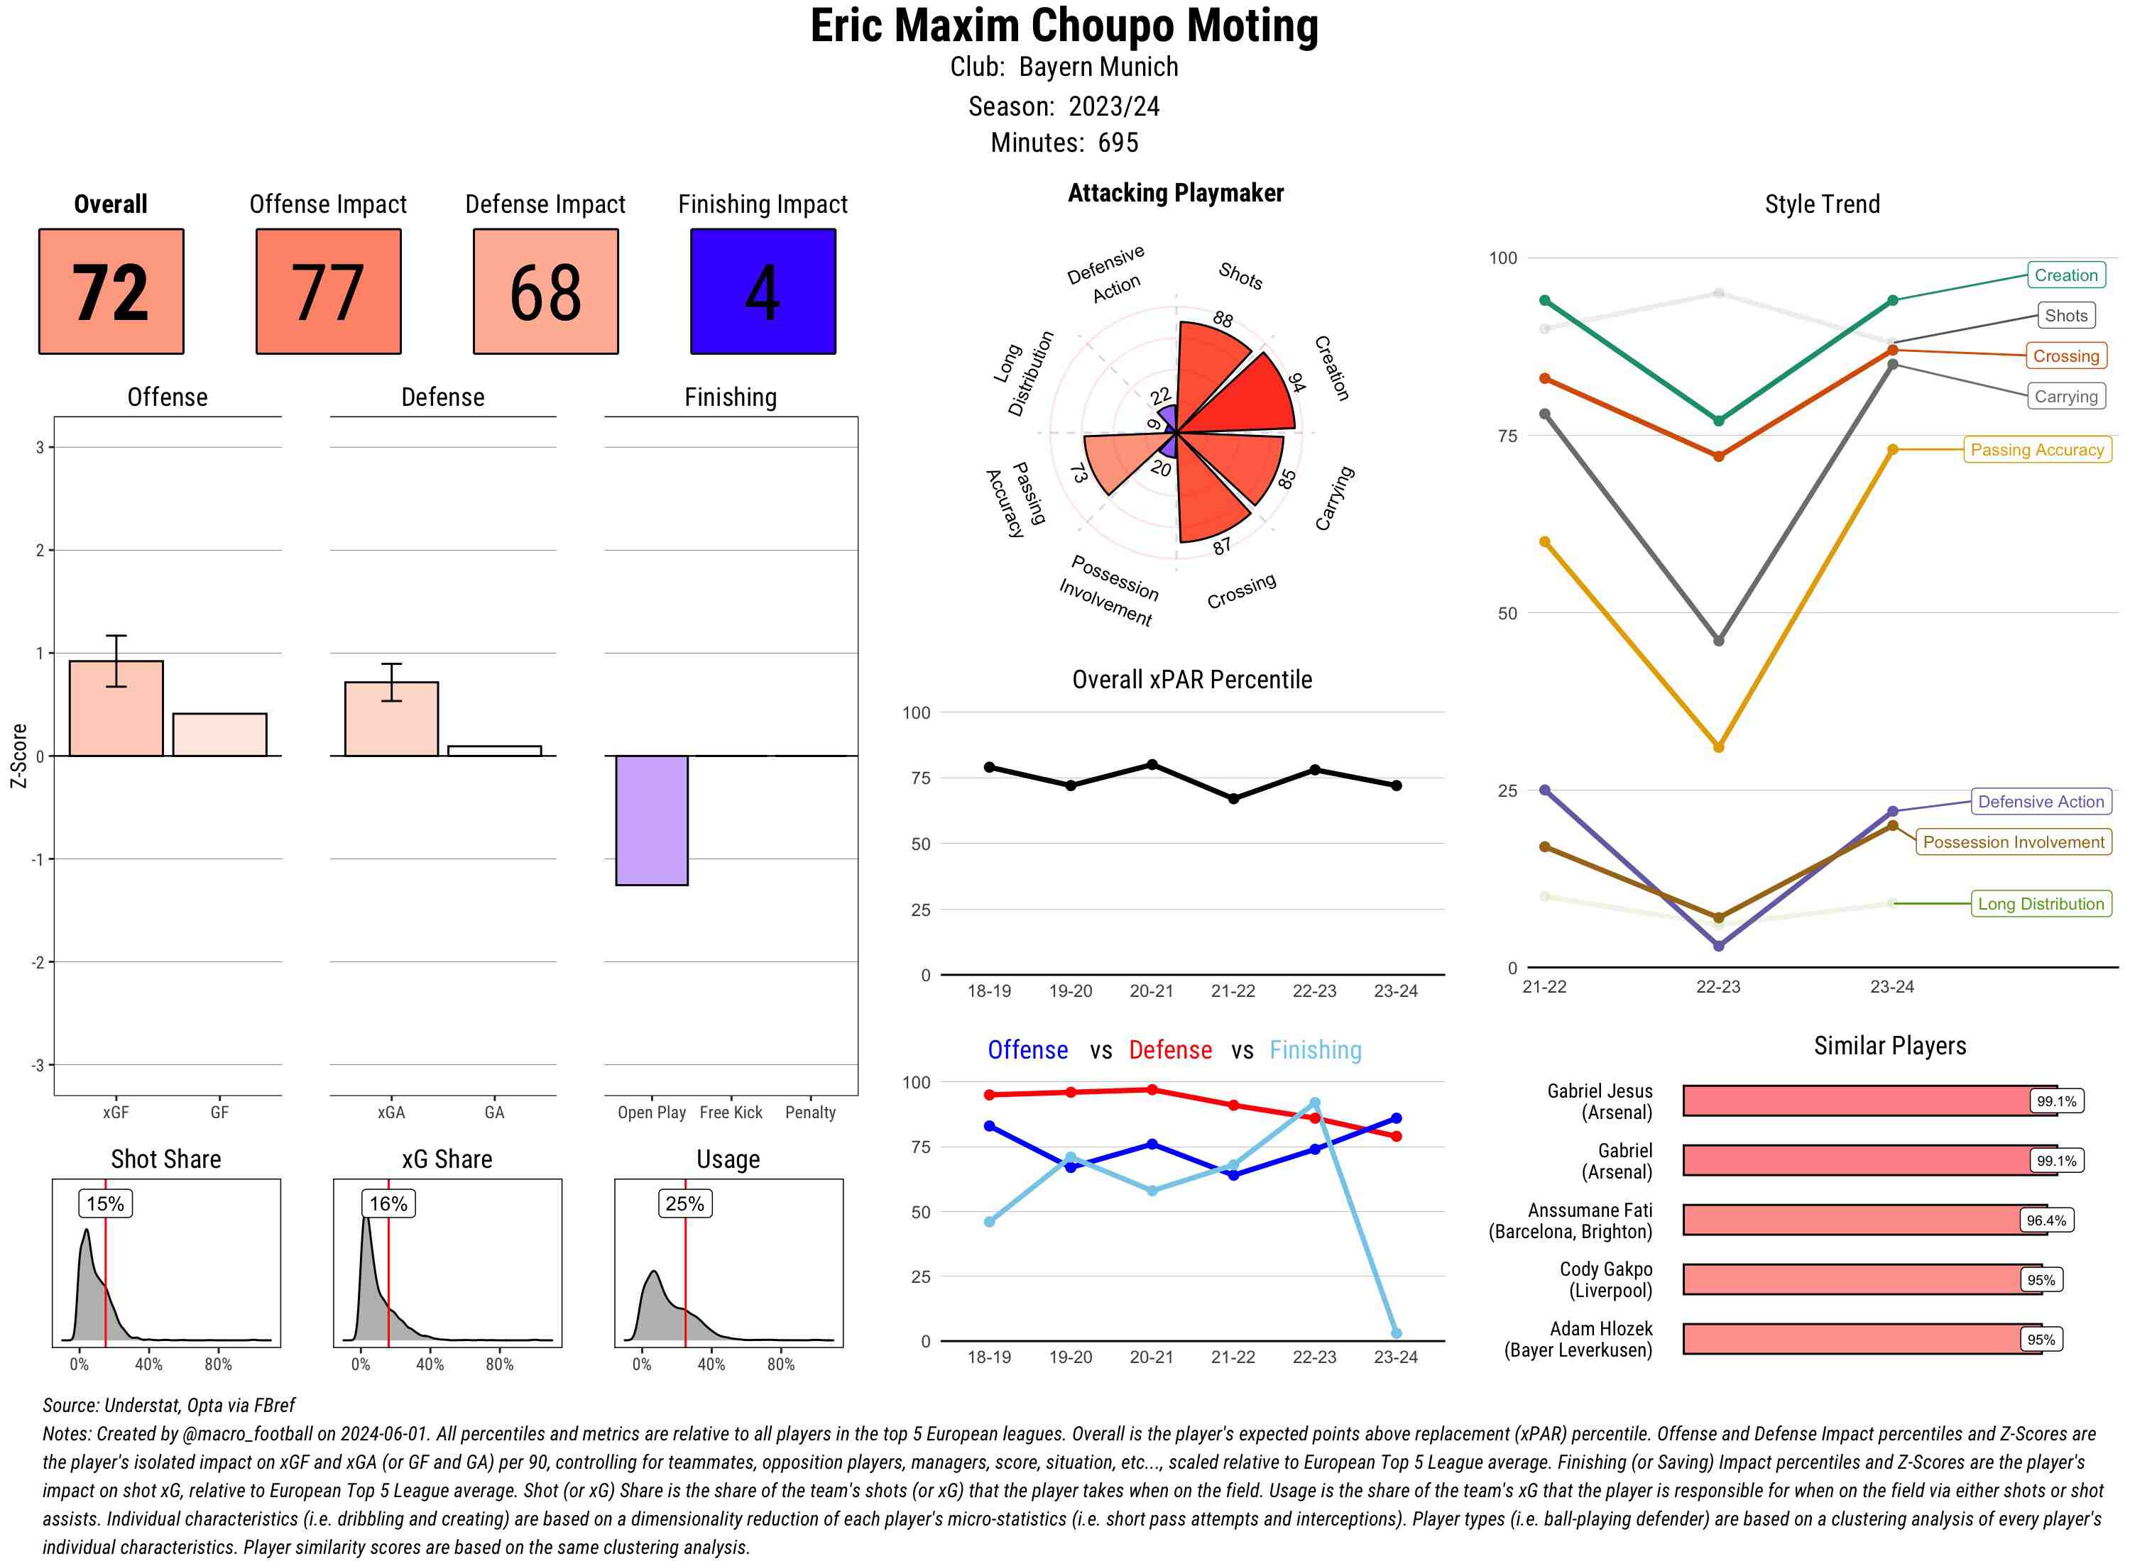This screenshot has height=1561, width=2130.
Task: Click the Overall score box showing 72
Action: click(111, 291)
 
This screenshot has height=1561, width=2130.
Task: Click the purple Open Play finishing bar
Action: click(651, 820)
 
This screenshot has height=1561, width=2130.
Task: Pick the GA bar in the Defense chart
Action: click(493, 751)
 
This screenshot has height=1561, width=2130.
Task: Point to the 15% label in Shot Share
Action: click(105, 1203)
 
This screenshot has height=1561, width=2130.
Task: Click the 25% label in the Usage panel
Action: click(684, 1203)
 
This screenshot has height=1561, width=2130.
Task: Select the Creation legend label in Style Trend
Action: click(2065, 275)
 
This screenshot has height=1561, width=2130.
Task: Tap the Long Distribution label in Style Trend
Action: click(2041, 903)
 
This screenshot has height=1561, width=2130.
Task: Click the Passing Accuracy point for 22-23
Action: click(1717, 747)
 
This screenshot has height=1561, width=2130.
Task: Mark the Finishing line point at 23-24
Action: click(1395, 1333)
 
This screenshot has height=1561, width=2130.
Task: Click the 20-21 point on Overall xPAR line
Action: click(1152, 764)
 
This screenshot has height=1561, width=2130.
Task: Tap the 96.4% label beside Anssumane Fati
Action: click(2045, 1220)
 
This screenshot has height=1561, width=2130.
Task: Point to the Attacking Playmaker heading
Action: click(1175, 193)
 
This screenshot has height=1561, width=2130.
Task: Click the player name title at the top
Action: click(1064, 26)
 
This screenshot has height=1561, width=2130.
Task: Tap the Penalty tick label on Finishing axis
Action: click(810, 1112)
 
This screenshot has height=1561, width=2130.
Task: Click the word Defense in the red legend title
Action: click(1169, 1050)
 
